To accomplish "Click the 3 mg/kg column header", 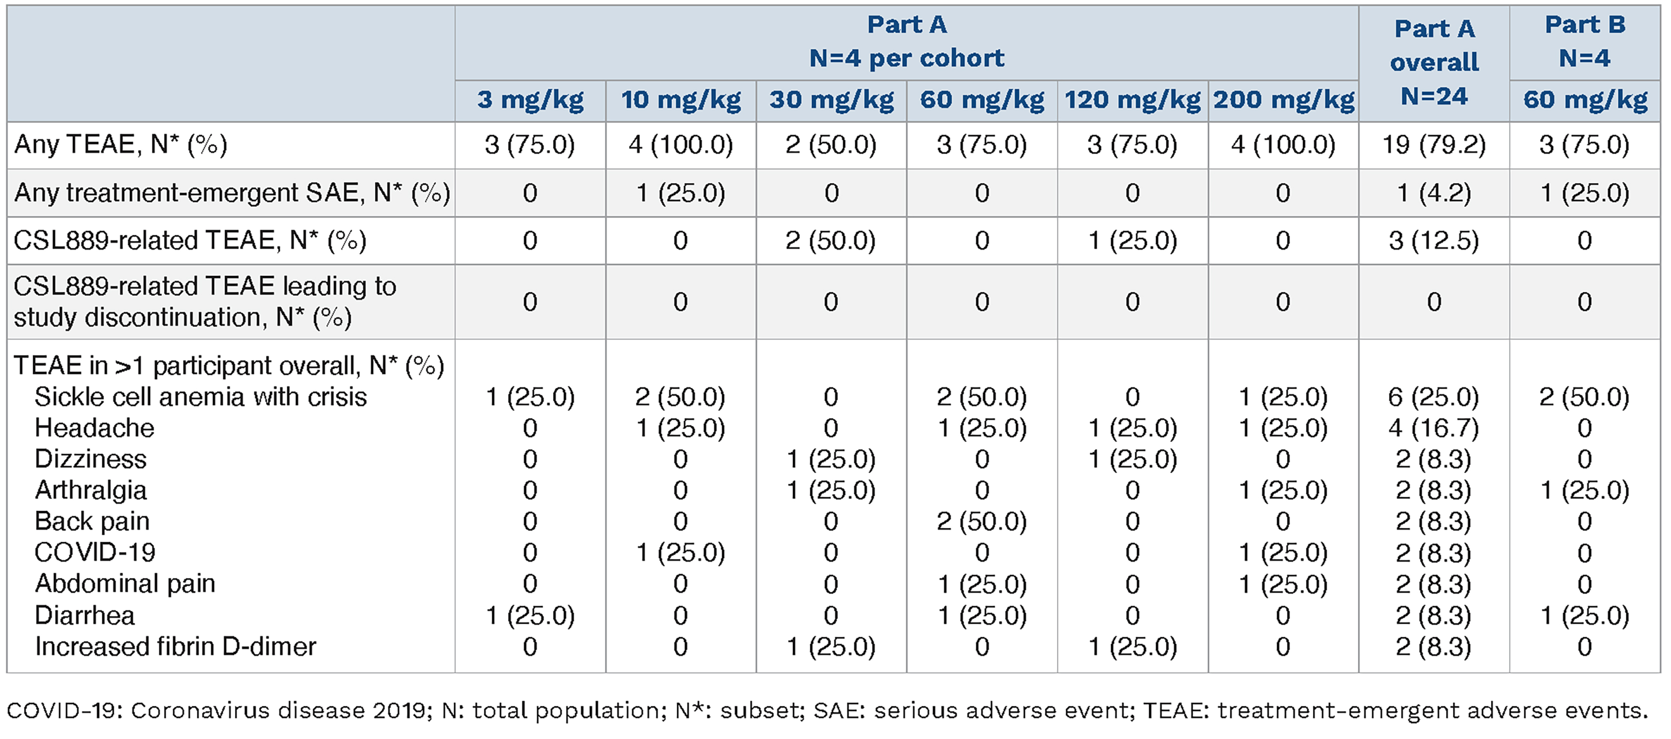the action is [x=530, y=100].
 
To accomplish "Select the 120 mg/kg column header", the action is [x=1133, y=100].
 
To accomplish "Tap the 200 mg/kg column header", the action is [x=1284, y=100].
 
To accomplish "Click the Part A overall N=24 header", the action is [x=1434, y=62].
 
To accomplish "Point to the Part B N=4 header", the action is [x=1585, y=42].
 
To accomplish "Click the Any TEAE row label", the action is [x=121, y=144].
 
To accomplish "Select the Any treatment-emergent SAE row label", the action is [x=232, y=193].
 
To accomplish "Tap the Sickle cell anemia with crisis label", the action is [x=200, y=396].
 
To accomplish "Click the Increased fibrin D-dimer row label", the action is [x=175, y=646].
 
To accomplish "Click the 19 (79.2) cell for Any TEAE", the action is [x=1434, y=144].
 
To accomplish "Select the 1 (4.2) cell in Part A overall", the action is [x=1434, y=193].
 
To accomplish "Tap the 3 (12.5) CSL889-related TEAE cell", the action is [x=1434, y=241].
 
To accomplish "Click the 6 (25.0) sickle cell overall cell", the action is [x=1434, y=396].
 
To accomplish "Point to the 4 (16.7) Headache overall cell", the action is [x=1434, y=427].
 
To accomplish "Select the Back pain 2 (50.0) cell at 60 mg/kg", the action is [x=982, y=521].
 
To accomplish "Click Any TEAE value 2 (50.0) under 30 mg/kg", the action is [x=831, y=144].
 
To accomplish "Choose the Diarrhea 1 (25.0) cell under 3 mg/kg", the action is [x=530, y=615].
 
